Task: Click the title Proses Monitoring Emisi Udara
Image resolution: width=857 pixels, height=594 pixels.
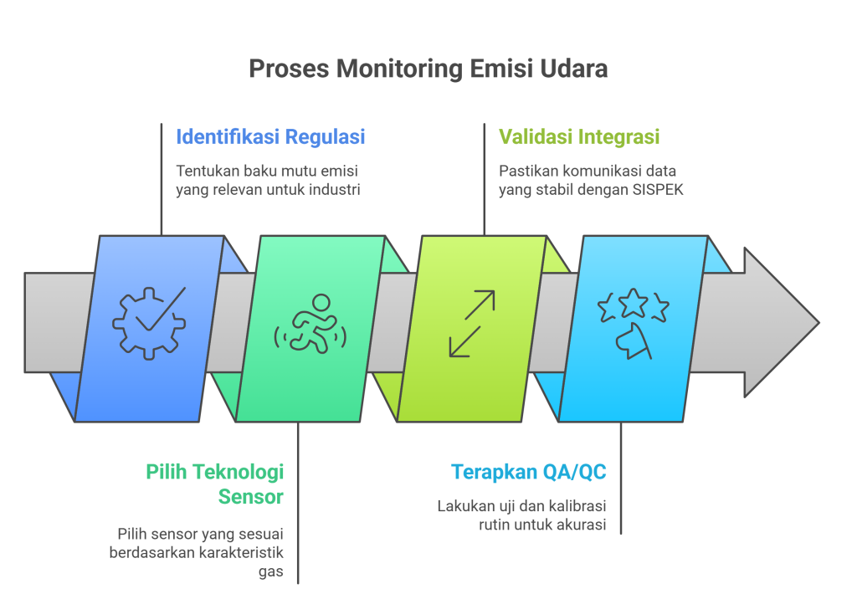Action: tap(428, 69)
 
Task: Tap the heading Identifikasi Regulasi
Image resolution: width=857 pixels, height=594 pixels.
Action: tap(269, 136)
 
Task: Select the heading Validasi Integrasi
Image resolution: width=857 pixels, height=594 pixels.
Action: tap(579, 136)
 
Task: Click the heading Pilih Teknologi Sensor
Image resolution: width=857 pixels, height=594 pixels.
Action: tap(215, 484)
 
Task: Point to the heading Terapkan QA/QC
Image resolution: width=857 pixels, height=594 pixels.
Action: tap(528, 472)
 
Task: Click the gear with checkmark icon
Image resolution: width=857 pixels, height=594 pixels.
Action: tap(148, 322)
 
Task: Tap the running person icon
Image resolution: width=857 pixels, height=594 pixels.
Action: tap(310, 324)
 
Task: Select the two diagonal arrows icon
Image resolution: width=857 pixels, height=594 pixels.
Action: tap(472, 324)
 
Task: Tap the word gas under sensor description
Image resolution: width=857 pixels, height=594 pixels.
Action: tap(273, 571)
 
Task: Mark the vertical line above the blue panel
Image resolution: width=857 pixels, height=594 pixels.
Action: tap(161, 180)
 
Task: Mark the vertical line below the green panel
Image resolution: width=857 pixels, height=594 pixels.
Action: tap(298, 502)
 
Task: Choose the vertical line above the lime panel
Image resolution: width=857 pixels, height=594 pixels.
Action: tap(484, 180)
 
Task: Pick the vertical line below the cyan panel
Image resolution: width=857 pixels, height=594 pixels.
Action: tap(620, 477)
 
